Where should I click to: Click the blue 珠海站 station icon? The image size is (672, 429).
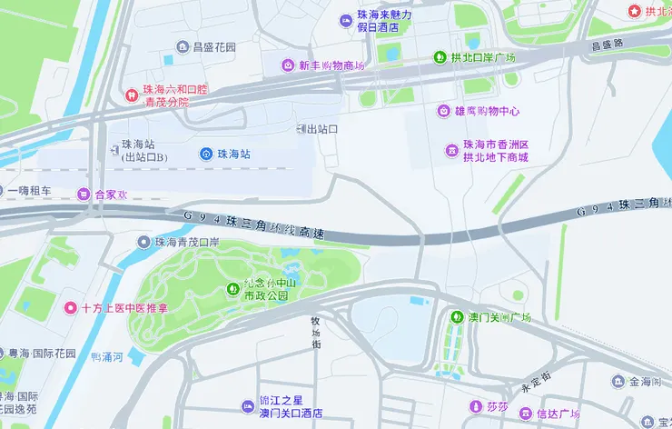(208, 155)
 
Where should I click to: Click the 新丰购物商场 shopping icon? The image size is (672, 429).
(287, 65)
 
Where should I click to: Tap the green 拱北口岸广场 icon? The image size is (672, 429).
(440, 57)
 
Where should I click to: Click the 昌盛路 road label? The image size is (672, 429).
(608, 44)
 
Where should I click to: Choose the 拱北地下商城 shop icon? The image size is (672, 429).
(451, 150)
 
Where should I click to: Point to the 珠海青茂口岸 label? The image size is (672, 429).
(187, 243)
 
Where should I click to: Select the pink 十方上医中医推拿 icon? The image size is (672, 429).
(70, 308)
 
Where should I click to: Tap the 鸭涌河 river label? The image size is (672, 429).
(107, 356)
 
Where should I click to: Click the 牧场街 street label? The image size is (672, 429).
(316, 333)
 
